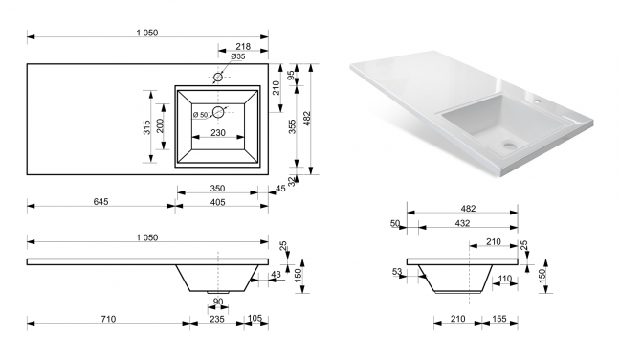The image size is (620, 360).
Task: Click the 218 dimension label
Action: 243,46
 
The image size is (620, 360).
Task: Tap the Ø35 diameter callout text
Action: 237,56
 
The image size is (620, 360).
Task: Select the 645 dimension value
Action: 100,201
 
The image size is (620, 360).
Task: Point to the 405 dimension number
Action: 217,202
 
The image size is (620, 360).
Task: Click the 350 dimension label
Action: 217,189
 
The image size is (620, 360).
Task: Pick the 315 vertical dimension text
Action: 147,127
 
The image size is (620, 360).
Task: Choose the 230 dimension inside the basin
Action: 218,132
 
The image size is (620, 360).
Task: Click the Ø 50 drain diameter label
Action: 201,115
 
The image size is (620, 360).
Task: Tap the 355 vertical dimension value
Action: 292,126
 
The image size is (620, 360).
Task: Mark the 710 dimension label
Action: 108,319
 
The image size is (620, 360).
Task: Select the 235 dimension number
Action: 216,319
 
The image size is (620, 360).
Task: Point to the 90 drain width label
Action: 218,302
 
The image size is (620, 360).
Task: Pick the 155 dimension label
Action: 499,319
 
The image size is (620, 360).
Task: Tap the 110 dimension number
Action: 504,279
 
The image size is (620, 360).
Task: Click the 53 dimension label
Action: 397,272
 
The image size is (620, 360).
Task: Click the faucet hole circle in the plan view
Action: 218,77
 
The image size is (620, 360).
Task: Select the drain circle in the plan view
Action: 218,112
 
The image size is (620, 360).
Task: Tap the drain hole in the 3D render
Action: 509,145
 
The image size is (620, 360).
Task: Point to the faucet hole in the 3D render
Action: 537,101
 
